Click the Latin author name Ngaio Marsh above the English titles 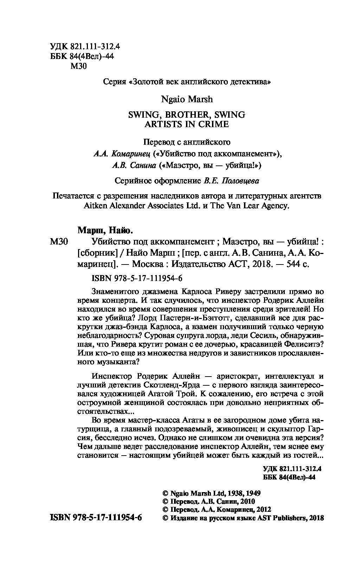coord(187,99)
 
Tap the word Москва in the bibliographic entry coord(149,264)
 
